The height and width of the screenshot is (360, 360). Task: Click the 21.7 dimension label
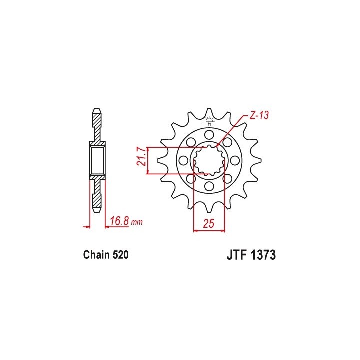point(142,157)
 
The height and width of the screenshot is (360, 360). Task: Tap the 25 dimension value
point(208,223)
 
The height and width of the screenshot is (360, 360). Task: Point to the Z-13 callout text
point(259,115)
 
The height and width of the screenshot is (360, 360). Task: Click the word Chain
point(96,255)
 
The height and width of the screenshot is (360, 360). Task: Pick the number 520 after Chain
point(120,255)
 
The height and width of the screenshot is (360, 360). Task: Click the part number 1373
point(263,255)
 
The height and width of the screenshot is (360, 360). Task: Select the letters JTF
point(237,255)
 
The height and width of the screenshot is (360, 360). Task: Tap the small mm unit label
point(137,222)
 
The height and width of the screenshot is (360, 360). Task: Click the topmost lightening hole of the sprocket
point(209,135)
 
